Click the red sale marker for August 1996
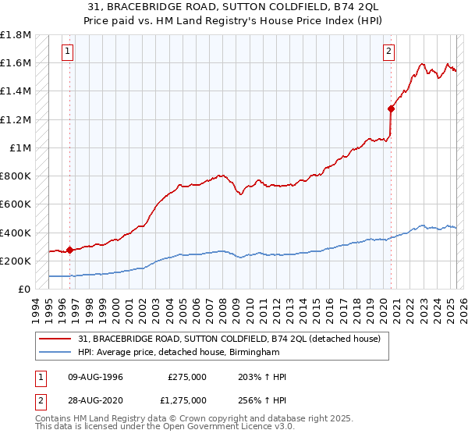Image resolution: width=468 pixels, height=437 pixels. click(x=69, y=250)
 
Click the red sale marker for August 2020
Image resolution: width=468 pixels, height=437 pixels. click(x=391, y=109)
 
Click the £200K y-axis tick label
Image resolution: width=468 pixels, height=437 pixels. click(x=16, y=261)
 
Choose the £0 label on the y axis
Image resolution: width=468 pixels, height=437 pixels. click(x=24, y=289)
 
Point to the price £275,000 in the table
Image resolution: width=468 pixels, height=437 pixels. click(x=187, y=377)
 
